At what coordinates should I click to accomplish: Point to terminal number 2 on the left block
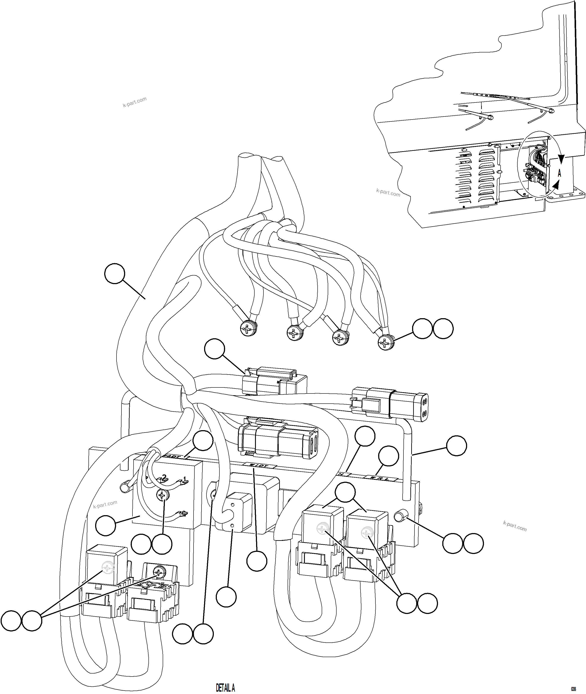point(164,477)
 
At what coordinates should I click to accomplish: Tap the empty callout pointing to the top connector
point(215,348)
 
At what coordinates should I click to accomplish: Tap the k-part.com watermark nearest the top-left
point(135,102)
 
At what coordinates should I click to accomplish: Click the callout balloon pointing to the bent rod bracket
point(457,446)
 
